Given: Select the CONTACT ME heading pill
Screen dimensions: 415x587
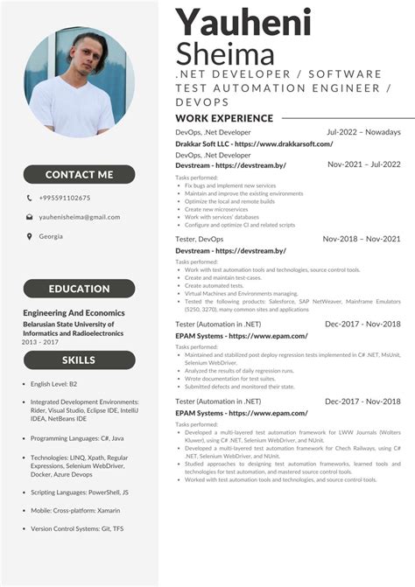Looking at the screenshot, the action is (x=79, y=174).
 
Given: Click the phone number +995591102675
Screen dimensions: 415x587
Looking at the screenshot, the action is (x=64, y=198).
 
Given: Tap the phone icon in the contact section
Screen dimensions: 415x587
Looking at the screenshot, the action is (x=30, y=198).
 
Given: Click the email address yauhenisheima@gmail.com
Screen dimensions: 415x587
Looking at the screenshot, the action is (x=79, y=216).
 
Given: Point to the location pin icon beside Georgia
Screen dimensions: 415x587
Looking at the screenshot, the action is (x=30, y=236).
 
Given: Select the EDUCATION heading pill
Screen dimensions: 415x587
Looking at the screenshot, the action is (x=79, y=289).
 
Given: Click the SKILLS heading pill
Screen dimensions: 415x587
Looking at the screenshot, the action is (x=79, y=360).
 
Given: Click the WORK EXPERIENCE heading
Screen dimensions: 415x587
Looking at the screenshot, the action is (x=224, y=118).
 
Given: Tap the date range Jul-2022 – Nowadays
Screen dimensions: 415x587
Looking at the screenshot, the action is (x=363, y=132).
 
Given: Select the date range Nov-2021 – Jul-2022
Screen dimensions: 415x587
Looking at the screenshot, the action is (x=363, y=164).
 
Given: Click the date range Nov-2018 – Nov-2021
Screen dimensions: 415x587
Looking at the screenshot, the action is (x=362, y=239).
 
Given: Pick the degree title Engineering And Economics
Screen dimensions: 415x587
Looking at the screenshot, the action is (x=74, y=312).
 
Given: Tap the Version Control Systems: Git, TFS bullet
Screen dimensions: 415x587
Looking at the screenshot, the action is (x=77, y=528).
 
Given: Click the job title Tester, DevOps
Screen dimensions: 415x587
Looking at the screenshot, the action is (x=199, y=239).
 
